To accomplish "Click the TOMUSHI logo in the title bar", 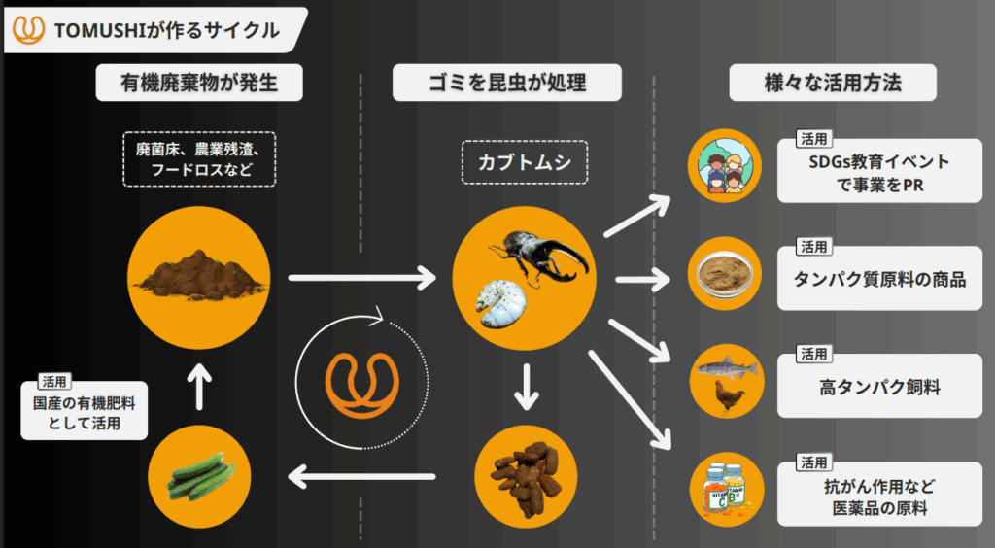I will coord(28,30).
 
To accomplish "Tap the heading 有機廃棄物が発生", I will coord(200,84).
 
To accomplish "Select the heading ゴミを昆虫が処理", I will coord(507,84).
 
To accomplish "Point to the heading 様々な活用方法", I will coord(833,84).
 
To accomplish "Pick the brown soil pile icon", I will coord(199,275).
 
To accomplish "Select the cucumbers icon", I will coord(199,475).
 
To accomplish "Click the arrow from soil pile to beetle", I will coord(362,280).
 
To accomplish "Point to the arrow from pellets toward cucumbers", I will coord(361,475).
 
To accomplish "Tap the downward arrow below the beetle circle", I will coord(526,387).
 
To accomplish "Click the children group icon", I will coord(724,166).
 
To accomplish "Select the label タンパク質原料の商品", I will coord(879,280).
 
